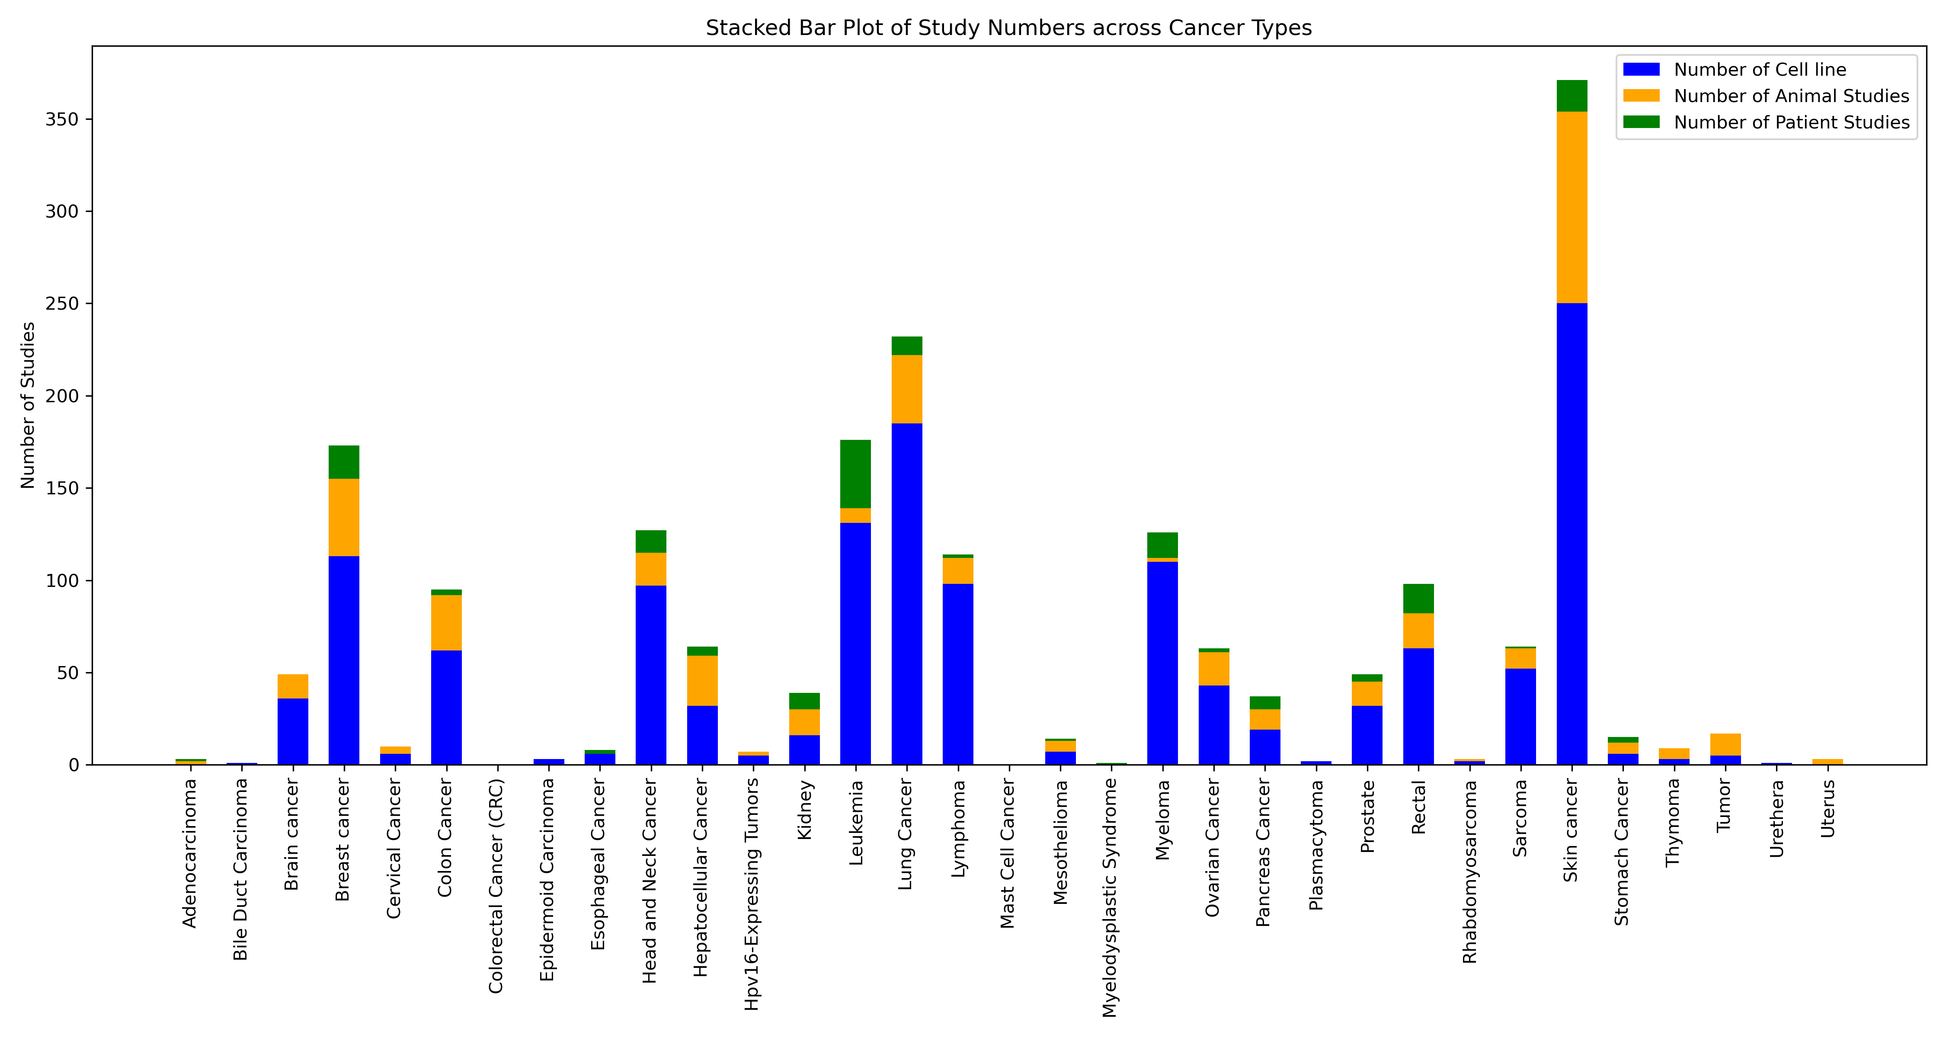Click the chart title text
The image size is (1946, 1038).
coord(1008,28)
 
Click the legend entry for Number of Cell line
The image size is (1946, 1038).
coord(1760,70)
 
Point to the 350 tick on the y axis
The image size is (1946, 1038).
coord(62,119)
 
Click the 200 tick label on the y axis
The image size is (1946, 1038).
coord(62,396)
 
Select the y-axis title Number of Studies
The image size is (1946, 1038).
coord(28,405)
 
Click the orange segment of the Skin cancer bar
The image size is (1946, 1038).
coord(1572,208)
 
